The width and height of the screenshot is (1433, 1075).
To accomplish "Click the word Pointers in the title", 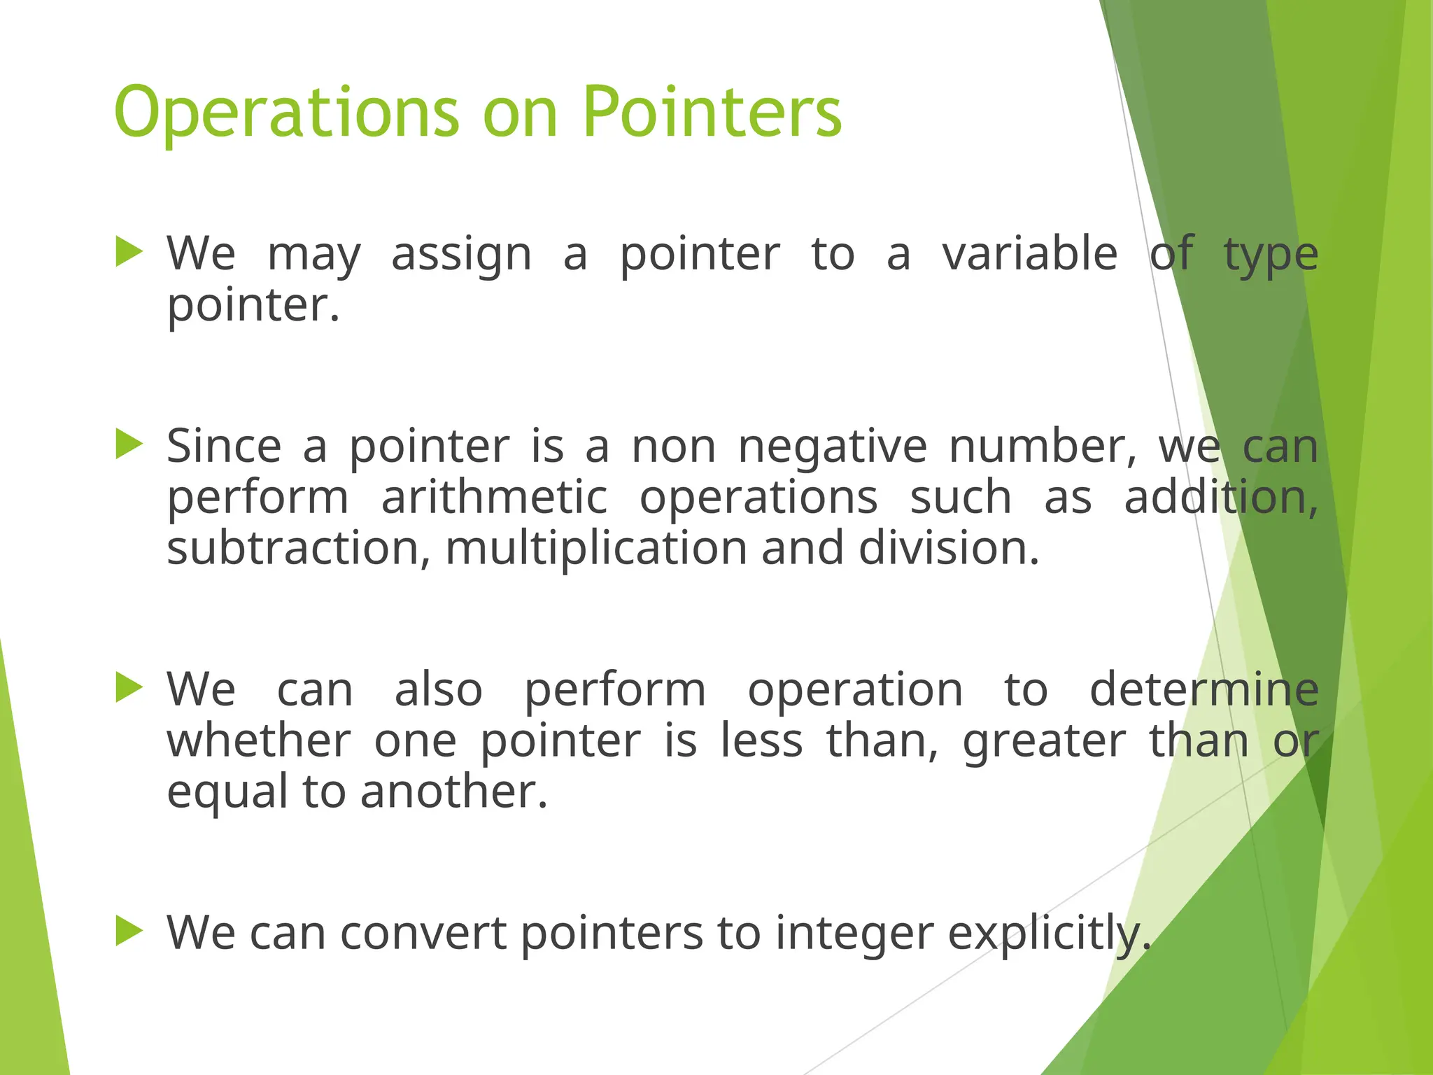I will pos(712,112).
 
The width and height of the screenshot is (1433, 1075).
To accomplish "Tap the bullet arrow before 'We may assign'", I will pos(129,252).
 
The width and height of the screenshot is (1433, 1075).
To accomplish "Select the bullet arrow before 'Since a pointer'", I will pos(129,444).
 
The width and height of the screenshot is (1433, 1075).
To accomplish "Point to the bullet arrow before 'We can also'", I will pos(129,687).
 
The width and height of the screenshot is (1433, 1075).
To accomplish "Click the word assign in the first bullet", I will pos(461,255).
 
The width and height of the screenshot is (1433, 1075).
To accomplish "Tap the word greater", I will pos(1044,742).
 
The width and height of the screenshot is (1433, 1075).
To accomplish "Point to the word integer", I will pos(854,935).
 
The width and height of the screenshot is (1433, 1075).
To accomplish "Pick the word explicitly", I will pos(1049,935).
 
